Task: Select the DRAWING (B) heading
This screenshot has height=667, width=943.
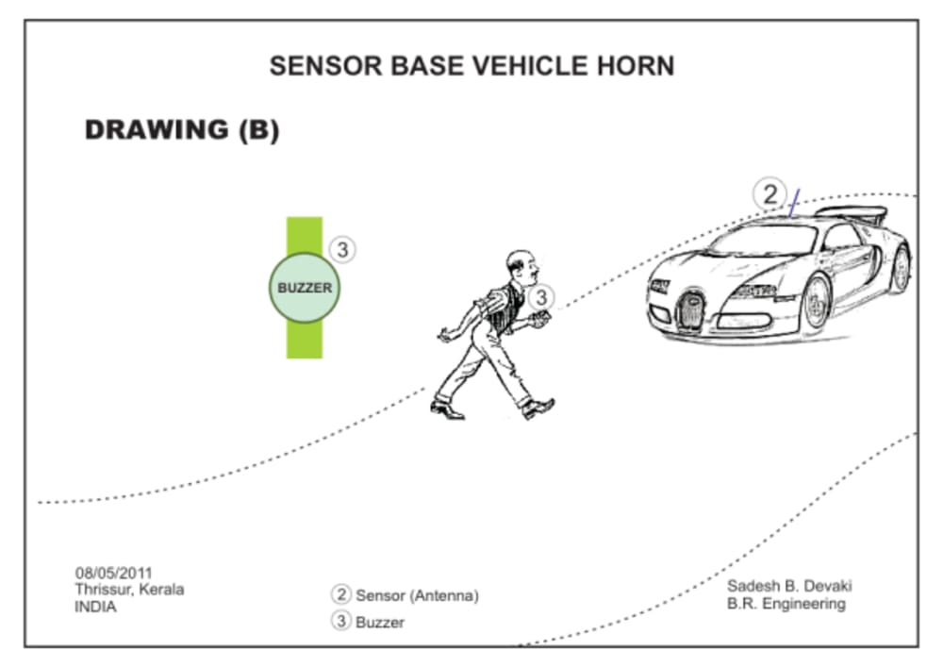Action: pos(182,130)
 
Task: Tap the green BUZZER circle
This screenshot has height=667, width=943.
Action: pos(305,288)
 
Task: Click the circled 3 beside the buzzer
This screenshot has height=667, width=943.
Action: pos(343,249)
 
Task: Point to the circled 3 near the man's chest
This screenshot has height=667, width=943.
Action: pos(540,297)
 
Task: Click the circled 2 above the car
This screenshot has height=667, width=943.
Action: pos(769,195)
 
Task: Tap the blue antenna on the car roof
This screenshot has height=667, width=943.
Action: pos(794,202)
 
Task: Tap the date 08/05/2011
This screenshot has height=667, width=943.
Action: pos(113,573)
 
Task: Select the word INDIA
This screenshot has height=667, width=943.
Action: pos(95,607)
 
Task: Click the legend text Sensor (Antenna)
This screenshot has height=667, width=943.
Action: pos(417,595)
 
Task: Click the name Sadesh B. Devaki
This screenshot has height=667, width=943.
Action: pos(789,586)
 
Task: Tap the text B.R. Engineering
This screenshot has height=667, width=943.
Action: pos(786,604)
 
